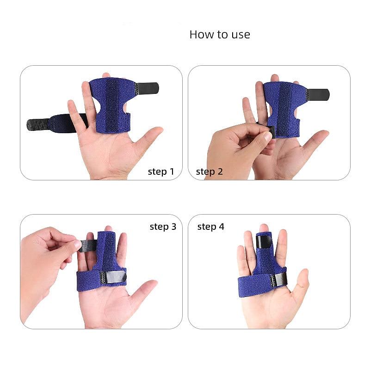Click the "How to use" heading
[x=220, y=35]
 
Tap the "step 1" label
[x=161, y=172]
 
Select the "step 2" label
[x=210, y=172]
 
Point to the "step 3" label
[x=163, y=227]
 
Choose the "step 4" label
[x=211, y=227]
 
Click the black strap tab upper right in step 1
[x=148, y=87]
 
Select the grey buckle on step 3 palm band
[x=116, y=278]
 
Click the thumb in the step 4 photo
[x=302, y=282]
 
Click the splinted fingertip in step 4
[x=263, y=229]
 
